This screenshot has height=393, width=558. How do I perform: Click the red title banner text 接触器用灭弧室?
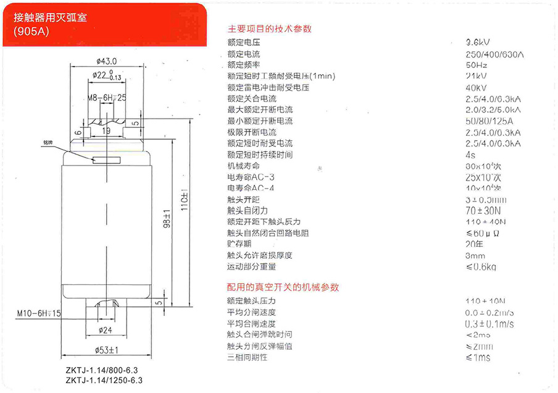click(51, 18)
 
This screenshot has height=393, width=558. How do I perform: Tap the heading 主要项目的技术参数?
click(270, 29)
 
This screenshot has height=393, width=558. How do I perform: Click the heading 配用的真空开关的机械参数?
click(283, 287)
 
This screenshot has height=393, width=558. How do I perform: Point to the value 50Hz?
click(477, 65)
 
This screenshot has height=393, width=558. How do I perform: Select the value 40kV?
click(477, 87)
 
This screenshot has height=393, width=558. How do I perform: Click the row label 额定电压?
click(244, 43)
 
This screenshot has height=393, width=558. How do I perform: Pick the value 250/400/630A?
click(494, 54)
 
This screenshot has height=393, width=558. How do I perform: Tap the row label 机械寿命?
click(244, 166)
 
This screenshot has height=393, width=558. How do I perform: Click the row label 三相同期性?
click(248, 357)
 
